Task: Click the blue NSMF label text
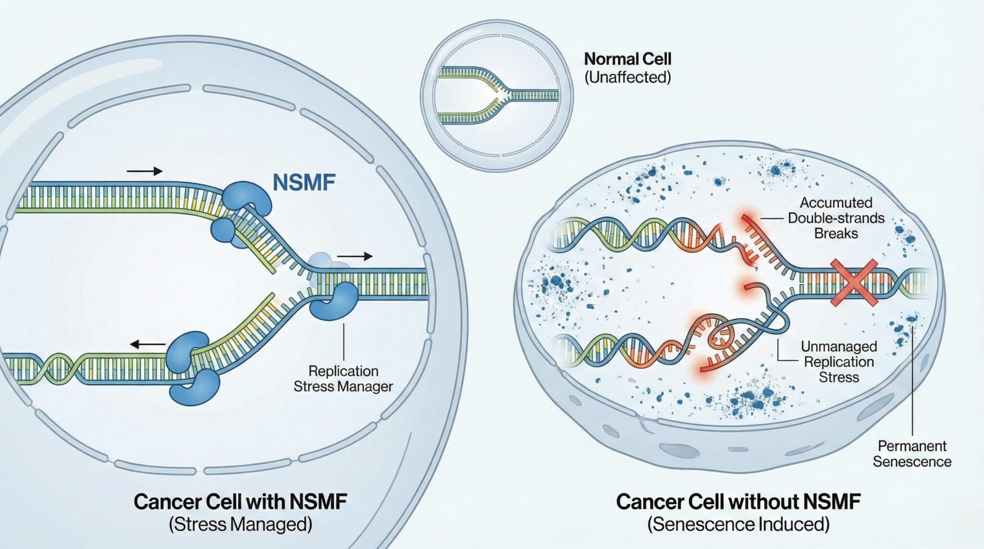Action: [304, 183]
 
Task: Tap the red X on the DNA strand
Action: [854, 282]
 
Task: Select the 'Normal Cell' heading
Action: [627, 60]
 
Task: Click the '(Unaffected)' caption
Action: [627, 77]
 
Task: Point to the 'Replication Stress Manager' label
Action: [343, 378]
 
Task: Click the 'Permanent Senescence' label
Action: [912, 453]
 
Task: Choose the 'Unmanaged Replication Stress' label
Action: [838, 361]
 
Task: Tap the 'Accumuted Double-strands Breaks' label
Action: [836, 218]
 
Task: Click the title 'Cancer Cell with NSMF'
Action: [240, 502]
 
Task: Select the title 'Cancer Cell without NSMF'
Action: [738, 502]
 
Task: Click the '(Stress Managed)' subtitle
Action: [240, 524]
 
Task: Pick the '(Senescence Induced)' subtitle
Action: [738, 524]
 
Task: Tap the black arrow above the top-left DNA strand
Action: [145, 171]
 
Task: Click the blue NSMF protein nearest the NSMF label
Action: [247, 198]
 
